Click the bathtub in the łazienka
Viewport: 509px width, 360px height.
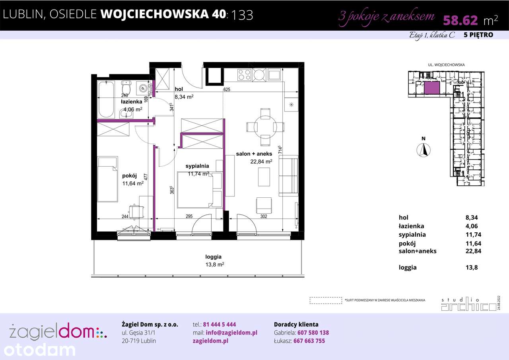click(x=106, y=99)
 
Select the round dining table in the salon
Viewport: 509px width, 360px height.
click(x=265, y=127)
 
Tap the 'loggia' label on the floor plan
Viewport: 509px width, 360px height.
click(x=213, y=257)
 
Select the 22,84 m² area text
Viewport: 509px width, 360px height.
click(x=261, y=162)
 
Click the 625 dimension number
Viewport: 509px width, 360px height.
click(x=227, y=90)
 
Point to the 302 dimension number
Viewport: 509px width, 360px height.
click(x=263, y=216)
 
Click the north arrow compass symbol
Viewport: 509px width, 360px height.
click(x=424, y=150)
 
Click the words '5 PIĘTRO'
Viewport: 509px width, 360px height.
click(x=478, y=35)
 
